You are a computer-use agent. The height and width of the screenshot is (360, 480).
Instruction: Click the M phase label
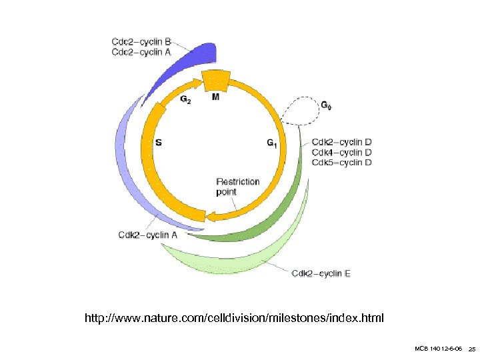click(x=215, y=97)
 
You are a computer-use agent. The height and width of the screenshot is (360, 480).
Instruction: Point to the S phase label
click(x=159, y=142)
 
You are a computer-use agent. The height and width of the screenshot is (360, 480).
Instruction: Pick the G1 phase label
click(x=272, y=142)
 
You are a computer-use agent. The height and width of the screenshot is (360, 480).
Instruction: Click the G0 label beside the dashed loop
click(x=326, y=105)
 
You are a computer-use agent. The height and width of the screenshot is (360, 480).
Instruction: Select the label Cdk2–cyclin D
click(x=341, y=142)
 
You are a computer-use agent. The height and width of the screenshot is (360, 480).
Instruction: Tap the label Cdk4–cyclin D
click(x=341, y=152)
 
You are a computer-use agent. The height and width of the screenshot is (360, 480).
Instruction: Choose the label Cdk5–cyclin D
click(x=341, y=162)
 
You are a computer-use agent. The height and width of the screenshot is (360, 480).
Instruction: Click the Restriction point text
click(x=238, y=187)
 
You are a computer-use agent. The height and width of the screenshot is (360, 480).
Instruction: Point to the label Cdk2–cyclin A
click(x=148, y=234)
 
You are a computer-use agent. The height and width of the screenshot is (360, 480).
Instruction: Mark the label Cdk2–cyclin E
click(x=321, y=273)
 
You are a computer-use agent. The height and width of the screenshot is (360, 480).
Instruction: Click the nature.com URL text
click(x=234, y=318)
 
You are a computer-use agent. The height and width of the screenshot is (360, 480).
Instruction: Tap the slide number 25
click(x=471, y=349)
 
